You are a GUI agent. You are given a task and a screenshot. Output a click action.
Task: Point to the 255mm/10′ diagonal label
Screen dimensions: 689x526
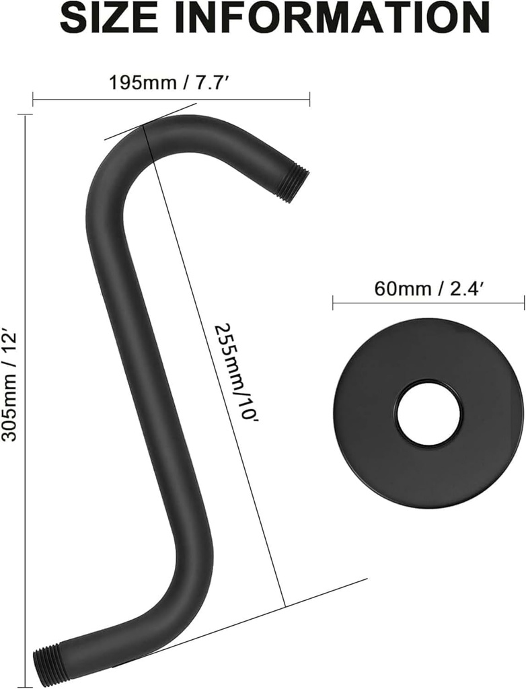click(236, 373)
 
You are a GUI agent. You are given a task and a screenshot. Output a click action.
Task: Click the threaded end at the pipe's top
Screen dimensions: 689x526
click(293, 185)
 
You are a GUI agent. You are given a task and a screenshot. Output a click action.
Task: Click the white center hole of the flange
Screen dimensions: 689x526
click(428, 413)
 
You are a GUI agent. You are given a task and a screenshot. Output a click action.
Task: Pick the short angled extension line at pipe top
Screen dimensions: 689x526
click(151, 121)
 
